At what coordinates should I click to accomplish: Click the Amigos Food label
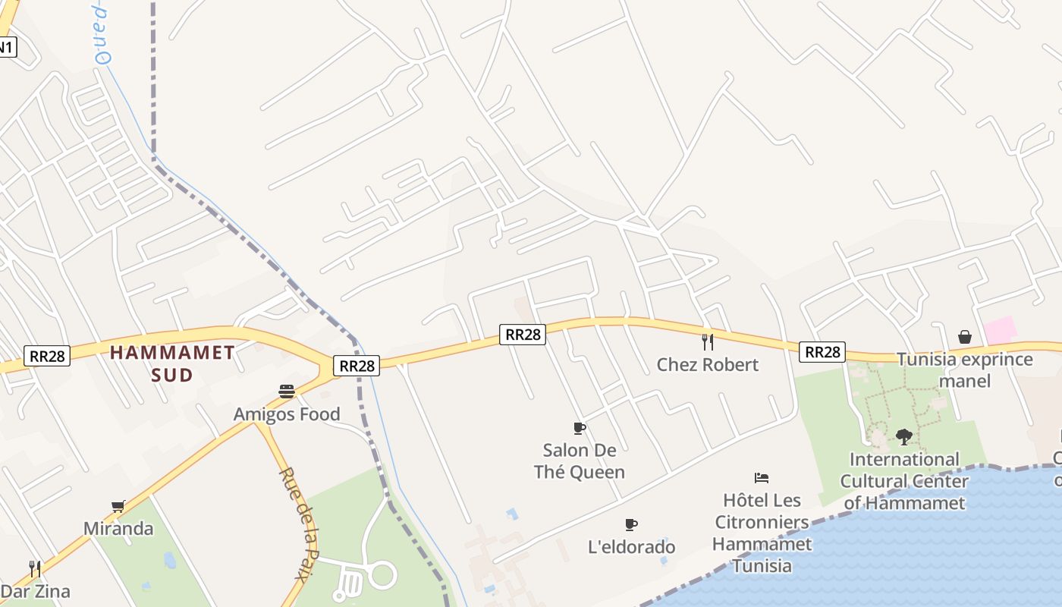pyautogui.click(x=286, y=414)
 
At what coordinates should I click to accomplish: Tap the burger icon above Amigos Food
pyautogui.click(x=287, y=392)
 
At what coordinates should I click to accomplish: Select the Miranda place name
pyautogui.click(x=118, y=529)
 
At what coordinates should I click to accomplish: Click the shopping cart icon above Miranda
pyautogui.click(x=118, y=506)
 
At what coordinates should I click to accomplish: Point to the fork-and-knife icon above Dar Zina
pyautogui.click(x=34, y=568)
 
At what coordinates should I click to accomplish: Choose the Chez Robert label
pyautogui.click(x=707, y=365)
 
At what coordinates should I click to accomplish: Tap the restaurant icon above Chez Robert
pyautogui.click(x=708, y=341)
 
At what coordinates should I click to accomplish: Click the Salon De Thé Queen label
pyautogui.click(x=580, y=461)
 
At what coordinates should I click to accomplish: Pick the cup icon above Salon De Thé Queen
pyautogui.click(x=580, y=428)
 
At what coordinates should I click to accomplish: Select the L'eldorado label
pyautogui.click(x=631, y=547)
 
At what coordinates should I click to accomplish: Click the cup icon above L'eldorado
pyautogui.click(x=631, y=524)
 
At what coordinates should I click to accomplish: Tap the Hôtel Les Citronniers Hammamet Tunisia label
pyautogui.click(x=762, y=533)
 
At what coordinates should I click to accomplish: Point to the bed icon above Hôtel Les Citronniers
pyautogui.click(x=762, y=477)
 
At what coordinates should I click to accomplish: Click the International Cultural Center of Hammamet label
pyautogui.click(x=904, y=481)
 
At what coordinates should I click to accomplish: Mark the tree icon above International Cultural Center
pyautogui.click(x=903, y=436)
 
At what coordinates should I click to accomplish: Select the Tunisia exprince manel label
pyautogui.click(x=965, y=370)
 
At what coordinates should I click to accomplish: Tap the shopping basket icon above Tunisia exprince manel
pyautogui.click(x=965, y=337)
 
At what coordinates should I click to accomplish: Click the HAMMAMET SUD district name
pyautogui.click(x=172, y=363)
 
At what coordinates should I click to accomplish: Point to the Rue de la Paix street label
pyautogui.click(x=298, y=523)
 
